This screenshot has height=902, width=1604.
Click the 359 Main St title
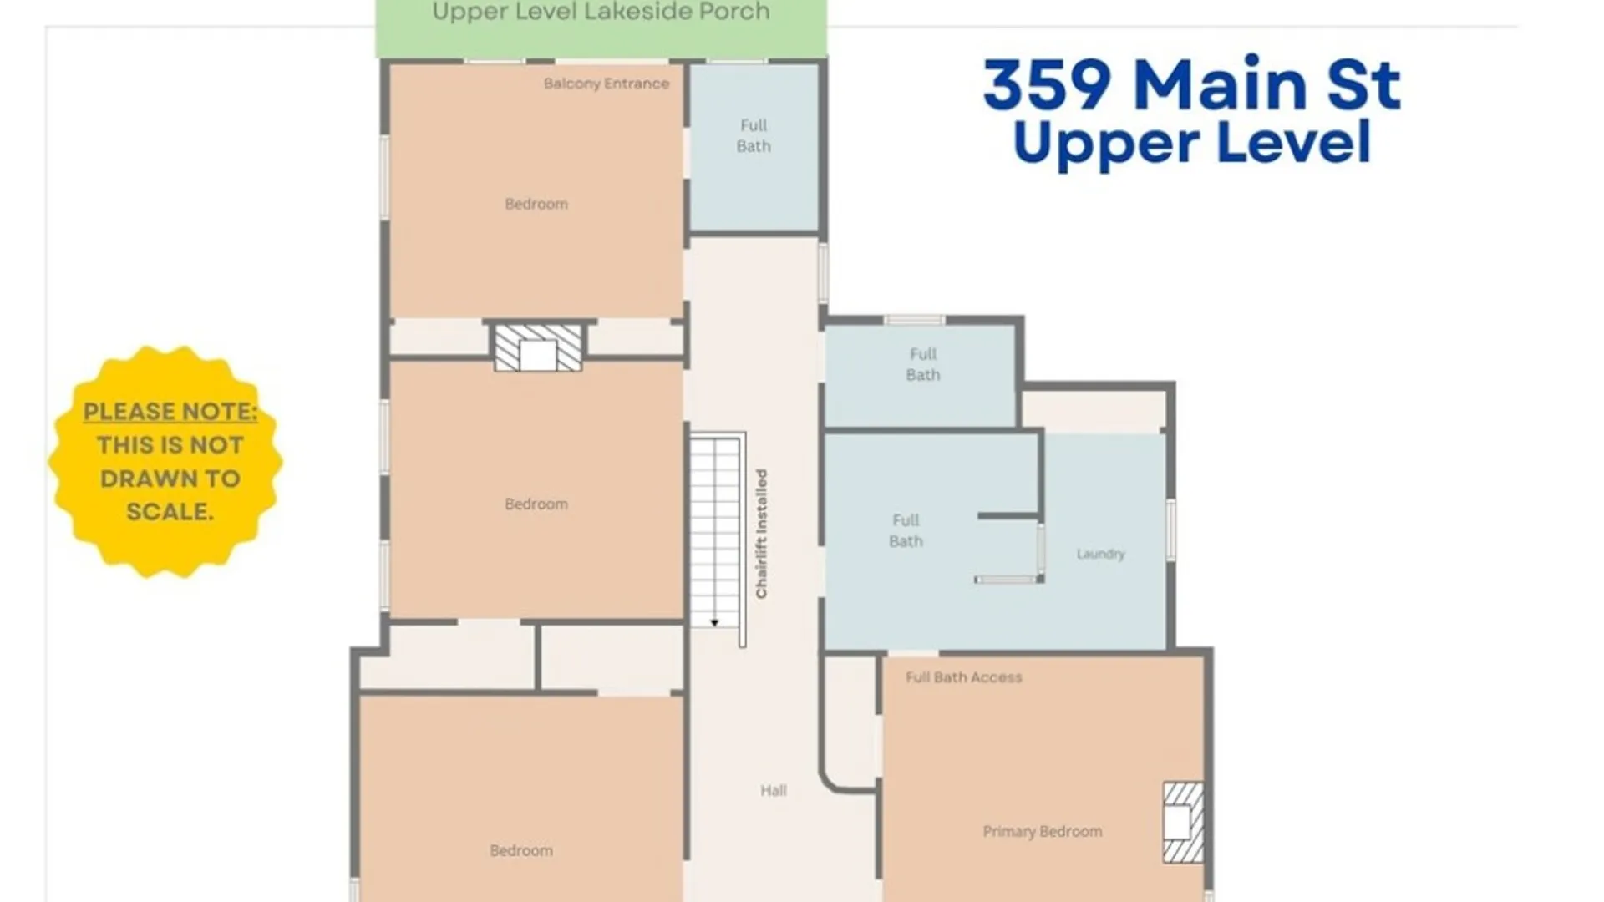click(x=1192, y=84)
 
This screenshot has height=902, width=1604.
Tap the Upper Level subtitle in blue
click(x=1192, y=144)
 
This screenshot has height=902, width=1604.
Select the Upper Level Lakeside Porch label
click(x=601, y=13)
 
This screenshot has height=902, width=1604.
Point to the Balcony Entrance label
click(x=606, y=84)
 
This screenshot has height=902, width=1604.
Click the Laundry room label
click(x=1100, y=554)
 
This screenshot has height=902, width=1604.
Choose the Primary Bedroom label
click(x=1042, y=831)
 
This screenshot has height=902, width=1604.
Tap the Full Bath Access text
click(x=963, y=677)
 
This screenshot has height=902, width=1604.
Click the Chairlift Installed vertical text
click(x=761, y=534)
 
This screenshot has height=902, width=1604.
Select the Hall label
click(x=773, y=790)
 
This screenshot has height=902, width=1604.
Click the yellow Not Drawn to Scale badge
click(x=165, y=462)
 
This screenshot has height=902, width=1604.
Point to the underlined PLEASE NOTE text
click(x=170, y=413)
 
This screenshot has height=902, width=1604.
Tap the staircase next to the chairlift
click(x=716, y=531)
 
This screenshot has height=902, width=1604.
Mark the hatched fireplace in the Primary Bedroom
click(x=1183, y=822)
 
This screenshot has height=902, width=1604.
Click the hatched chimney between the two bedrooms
click(x=538, y=347)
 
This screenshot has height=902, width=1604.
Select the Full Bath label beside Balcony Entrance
click(x=753, y=135)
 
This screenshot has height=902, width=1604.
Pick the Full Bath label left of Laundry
click(x=906, y=530)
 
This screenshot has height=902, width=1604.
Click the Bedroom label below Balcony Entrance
click(x=536, y=204)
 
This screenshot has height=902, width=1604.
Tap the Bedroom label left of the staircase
click(x=536, y=504)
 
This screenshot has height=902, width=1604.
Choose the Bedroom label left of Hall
click(x=521, y=850)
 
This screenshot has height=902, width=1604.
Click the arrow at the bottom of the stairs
click(x=714, y=622)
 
